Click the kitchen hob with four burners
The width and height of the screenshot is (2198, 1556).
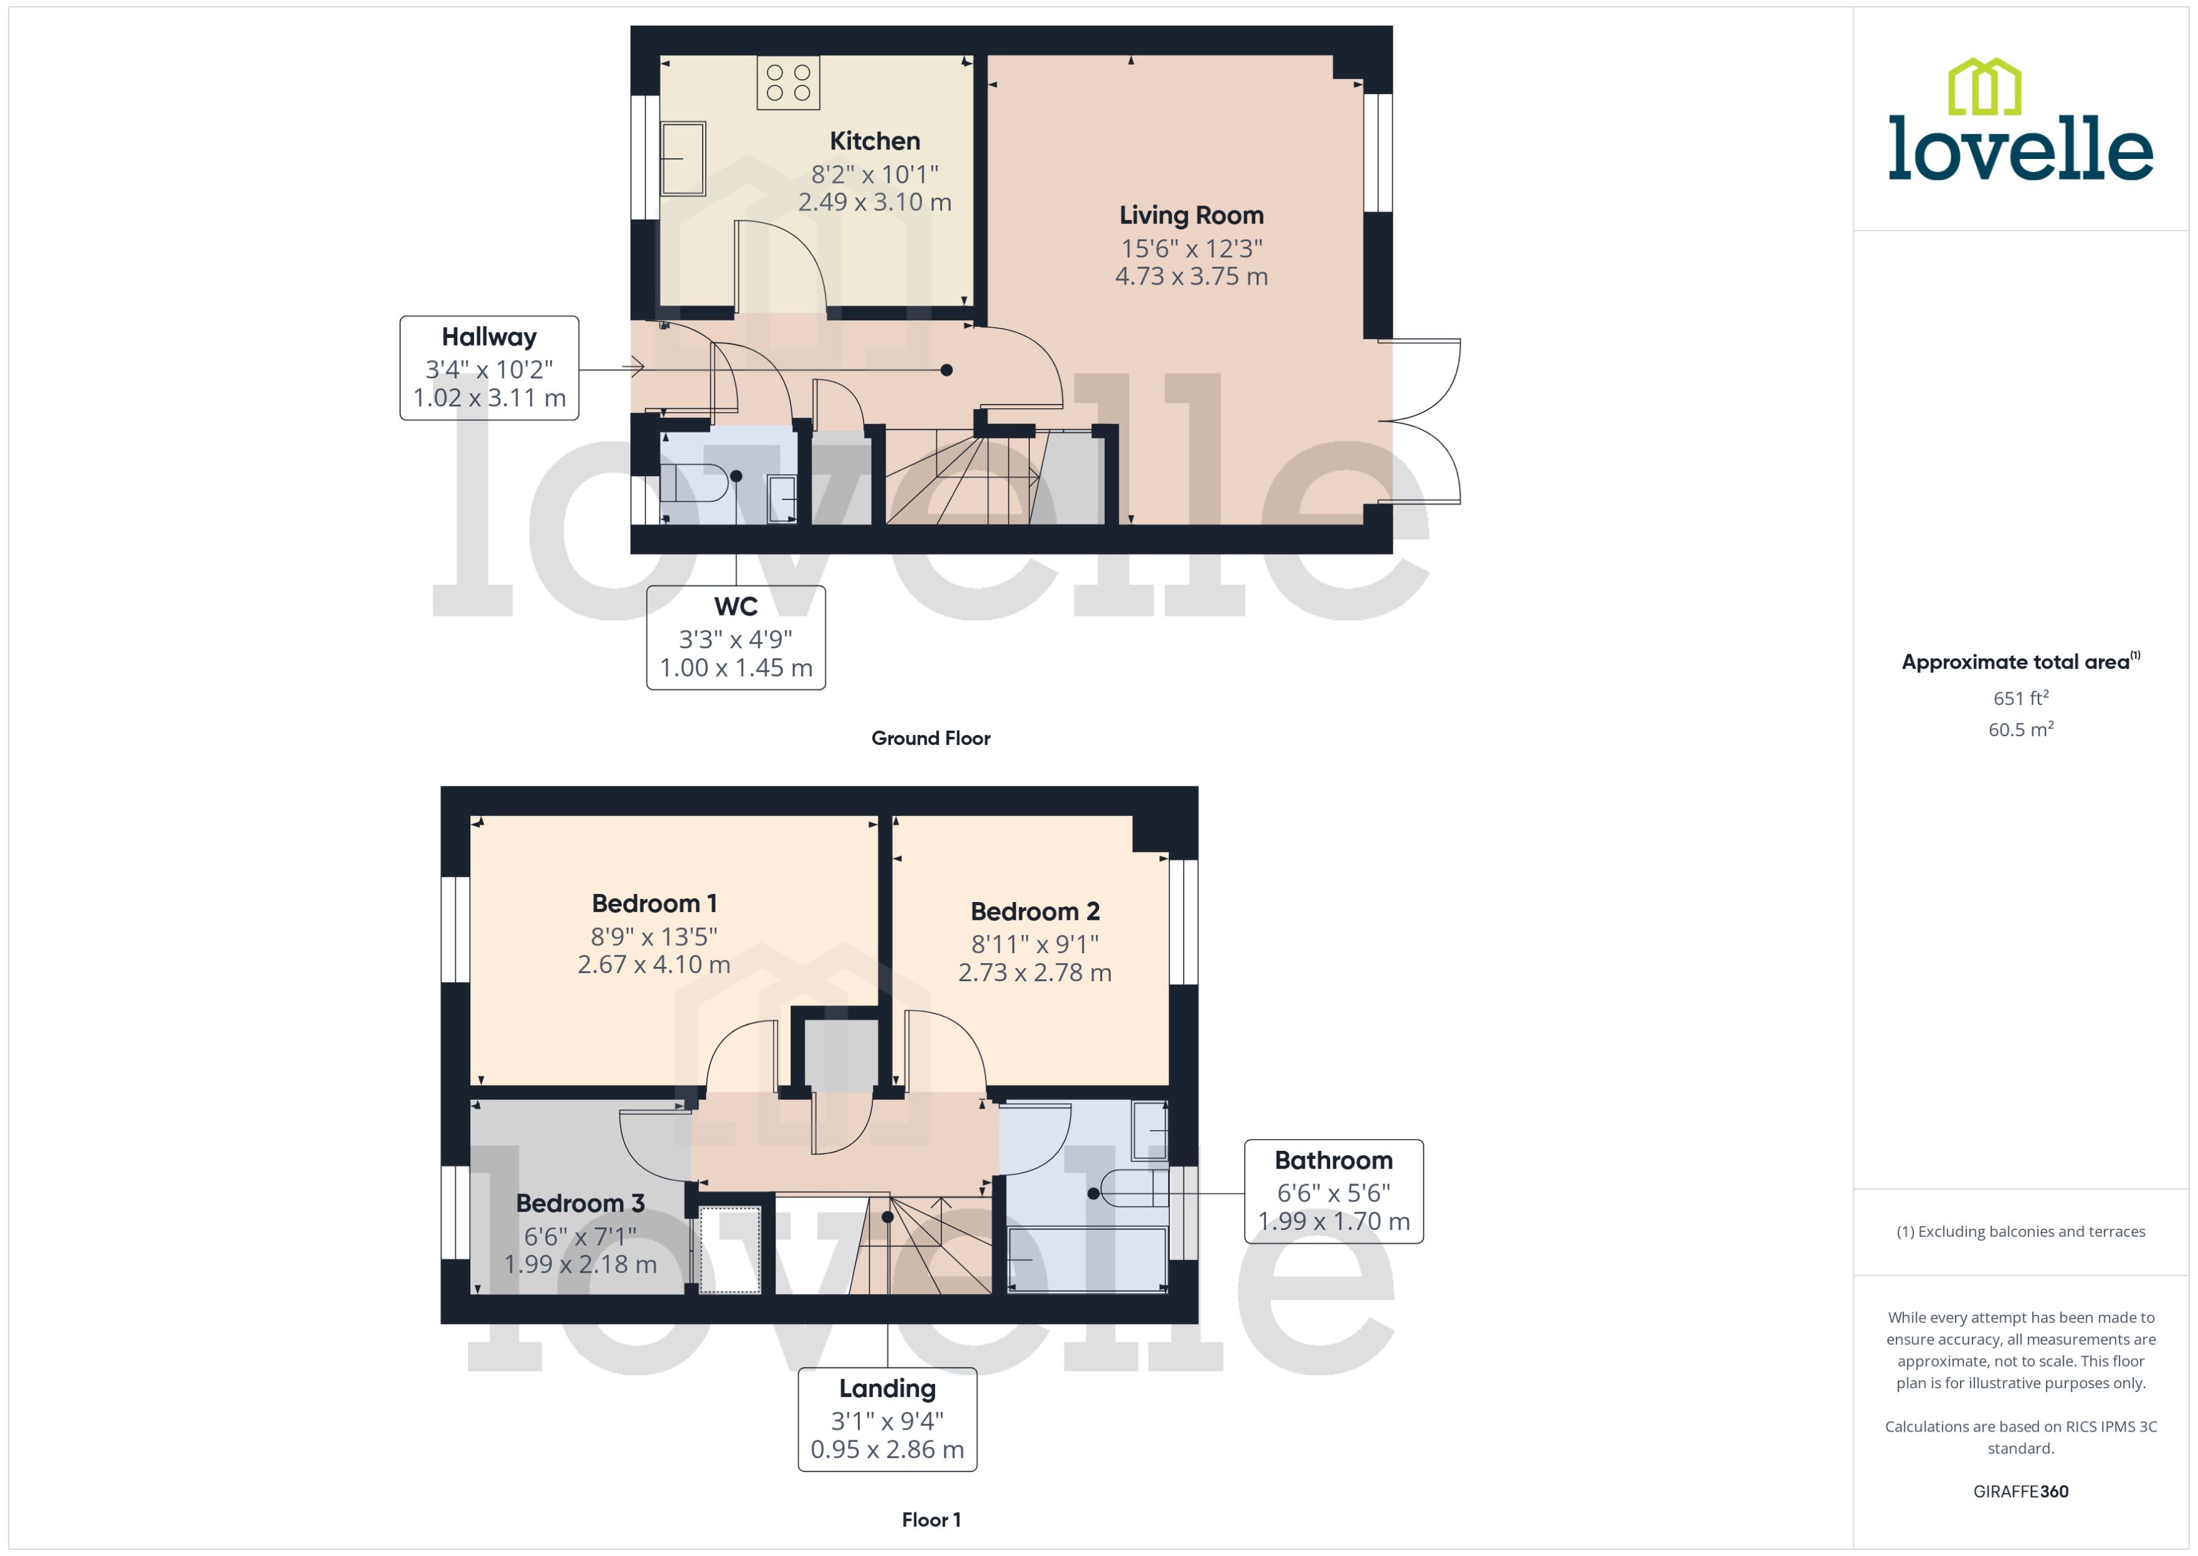point(788,82)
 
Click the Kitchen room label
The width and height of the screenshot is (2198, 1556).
point(874,141)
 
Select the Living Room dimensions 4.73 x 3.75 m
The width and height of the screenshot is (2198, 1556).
point(1191,277)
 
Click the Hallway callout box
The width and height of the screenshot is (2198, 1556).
point(489,368)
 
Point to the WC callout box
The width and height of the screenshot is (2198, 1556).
point(735,637)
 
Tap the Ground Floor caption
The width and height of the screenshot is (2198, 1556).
point(930,737)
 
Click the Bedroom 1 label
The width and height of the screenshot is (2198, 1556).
point(654,903)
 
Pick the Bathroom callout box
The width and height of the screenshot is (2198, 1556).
point(1333,1191)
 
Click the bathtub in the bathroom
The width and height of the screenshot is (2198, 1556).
point(1087,1259)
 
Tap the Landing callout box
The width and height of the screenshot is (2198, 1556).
point(887,1419)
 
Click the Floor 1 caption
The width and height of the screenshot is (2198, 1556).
point(930,1520)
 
